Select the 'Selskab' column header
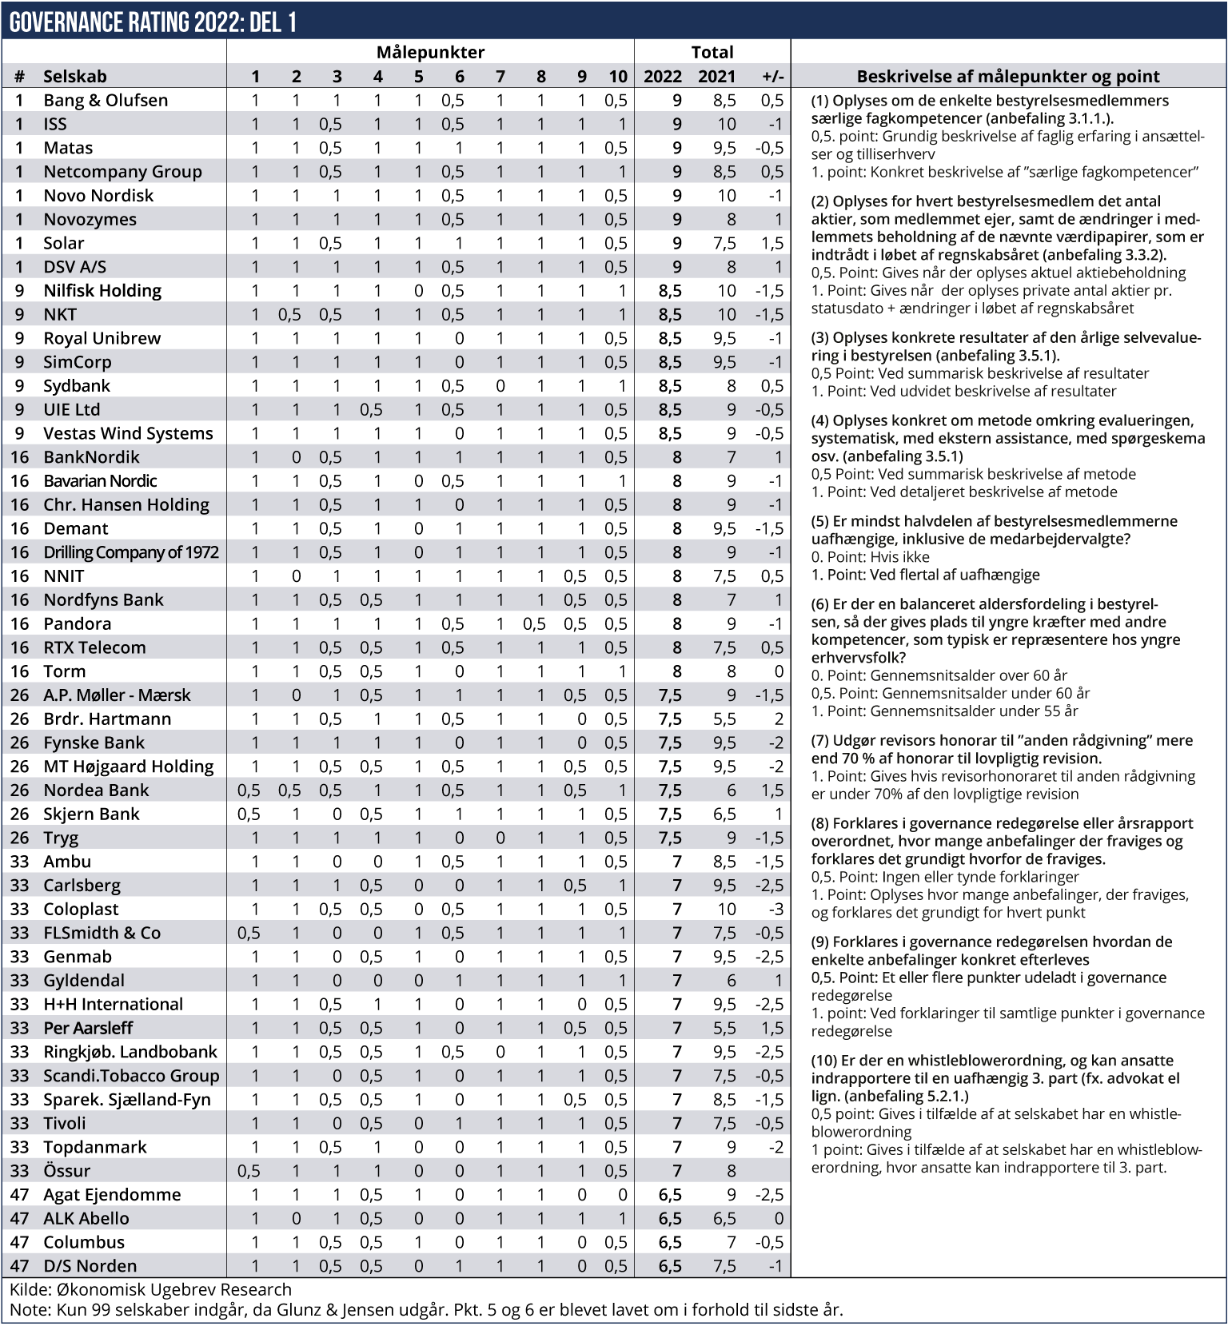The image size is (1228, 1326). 74,77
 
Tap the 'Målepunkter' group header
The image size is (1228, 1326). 430,53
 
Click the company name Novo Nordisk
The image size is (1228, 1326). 98,196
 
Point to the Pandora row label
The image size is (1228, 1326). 77,623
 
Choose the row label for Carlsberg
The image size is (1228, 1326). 82,886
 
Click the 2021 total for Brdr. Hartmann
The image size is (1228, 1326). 724,719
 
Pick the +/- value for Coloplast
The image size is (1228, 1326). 773,909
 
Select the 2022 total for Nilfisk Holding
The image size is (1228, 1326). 670,291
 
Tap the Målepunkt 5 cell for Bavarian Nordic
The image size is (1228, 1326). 418,481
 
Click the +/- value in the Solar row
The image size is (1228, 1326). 771,243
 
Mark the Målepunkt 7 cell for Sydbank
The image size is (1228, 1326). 500,386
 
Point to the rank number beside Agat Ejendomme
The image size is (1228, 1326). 19,1195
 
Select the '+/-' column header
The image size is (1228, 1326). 773,77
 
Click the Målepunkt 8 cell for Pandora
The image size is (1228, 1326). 534,623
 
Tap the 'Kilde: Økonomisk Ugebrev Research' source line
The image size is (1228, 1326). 150,1289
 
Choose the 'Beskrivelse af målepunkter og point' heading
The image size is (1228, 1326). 1007,77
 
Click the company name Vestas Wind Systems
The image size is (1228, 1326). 128,433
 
